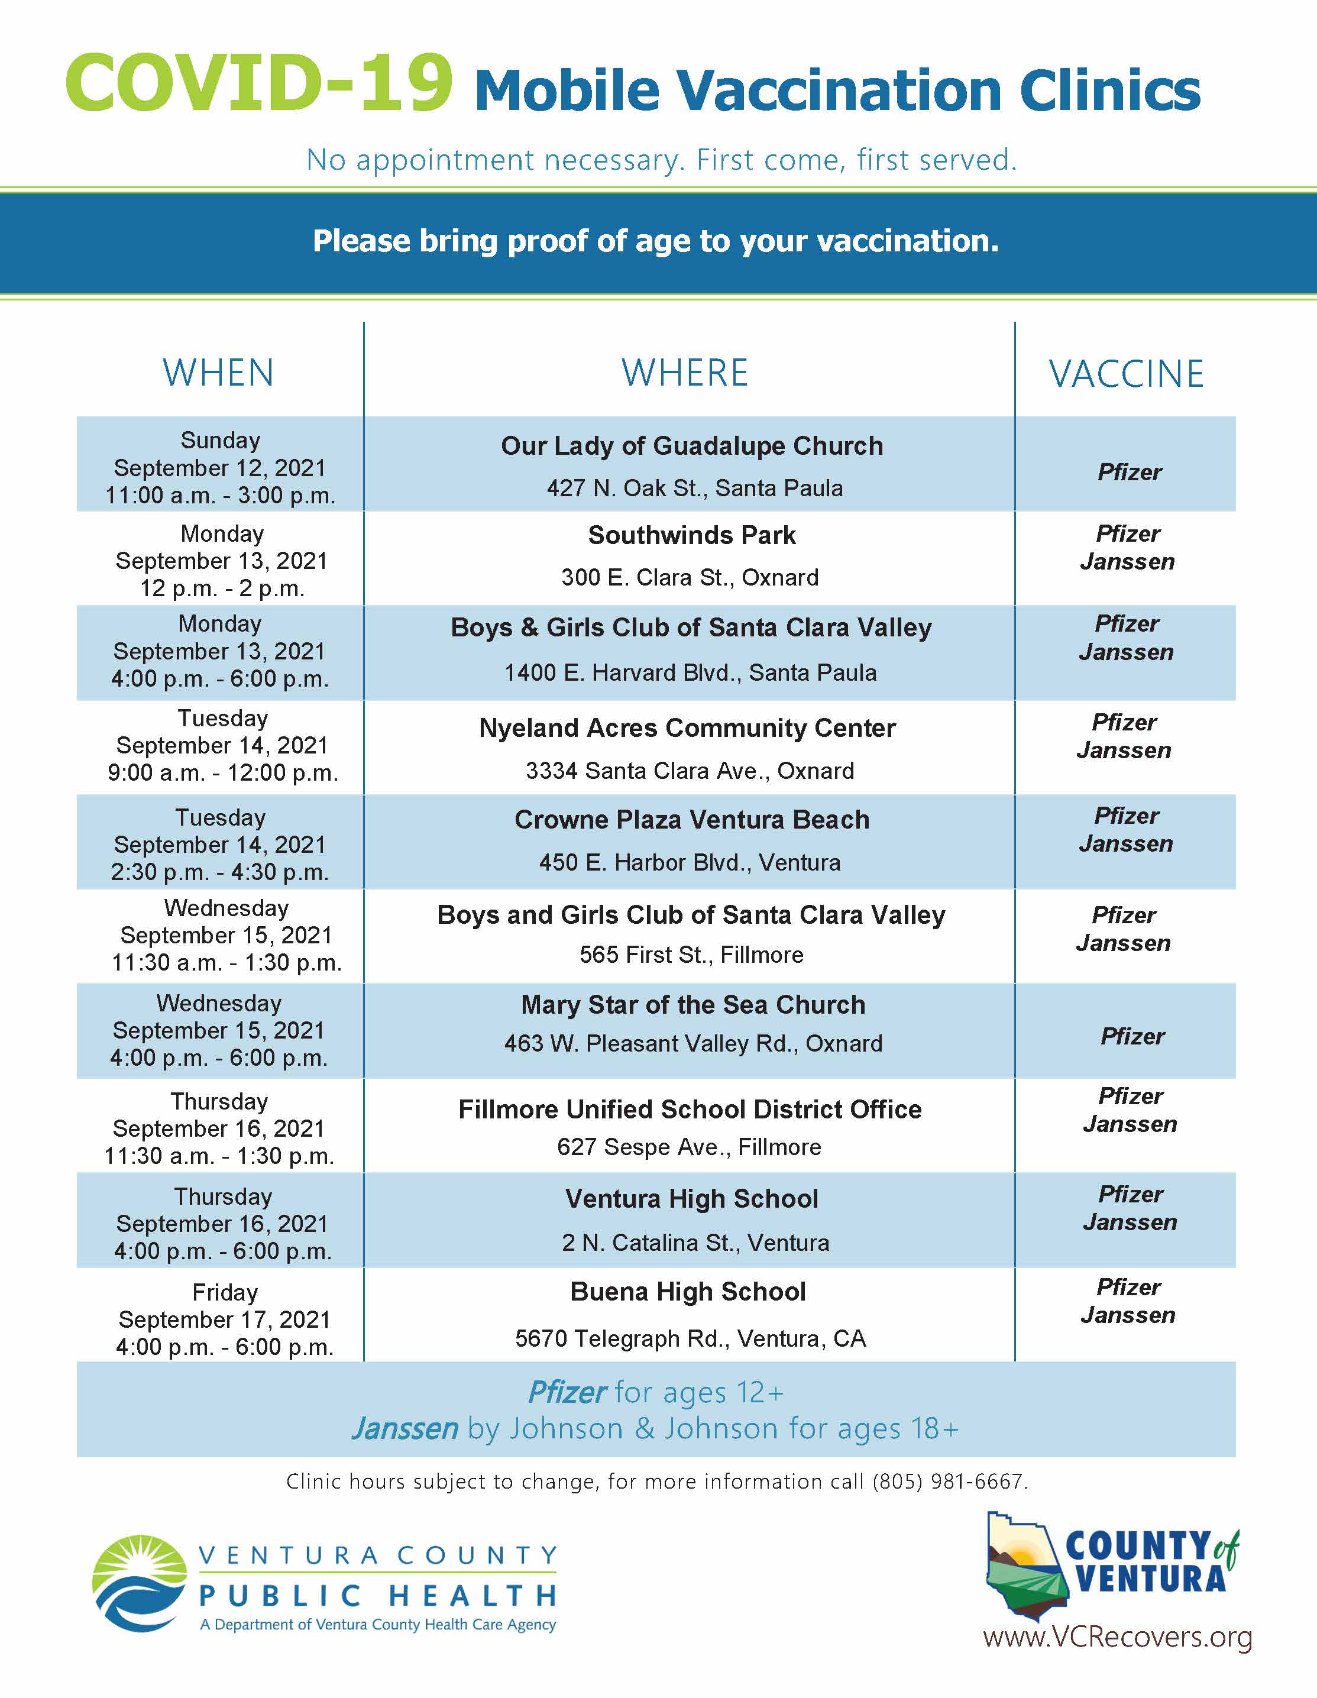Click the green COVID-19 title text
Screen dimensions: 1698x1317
coord(259,83)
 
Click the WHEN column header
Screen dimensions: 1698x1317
coord(218,373)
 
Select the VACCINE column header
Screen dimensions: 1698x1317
coord(1127,374)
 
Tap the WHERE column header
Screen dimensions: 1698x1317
coord(685,373)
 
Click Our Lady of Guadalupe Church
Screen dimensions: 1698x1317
coord(692,447)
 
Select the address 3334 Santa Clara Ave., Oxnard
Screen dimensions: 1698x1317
coord(690,771)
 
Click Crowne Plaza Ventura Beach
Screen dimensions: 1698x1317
coord(692,820)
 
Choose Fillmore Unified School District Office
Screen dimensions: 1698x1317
coord(690,1109)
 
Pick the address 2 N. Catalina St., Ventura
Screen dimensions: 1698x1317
coord(695,1243)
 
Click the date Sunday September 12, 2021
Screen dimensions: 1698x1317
coord(220,455)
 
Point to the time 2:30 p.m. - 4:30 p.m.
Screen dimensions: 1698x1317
coord(220,872)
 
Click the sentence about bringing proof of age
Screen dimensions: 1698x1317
coord(655,241)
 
